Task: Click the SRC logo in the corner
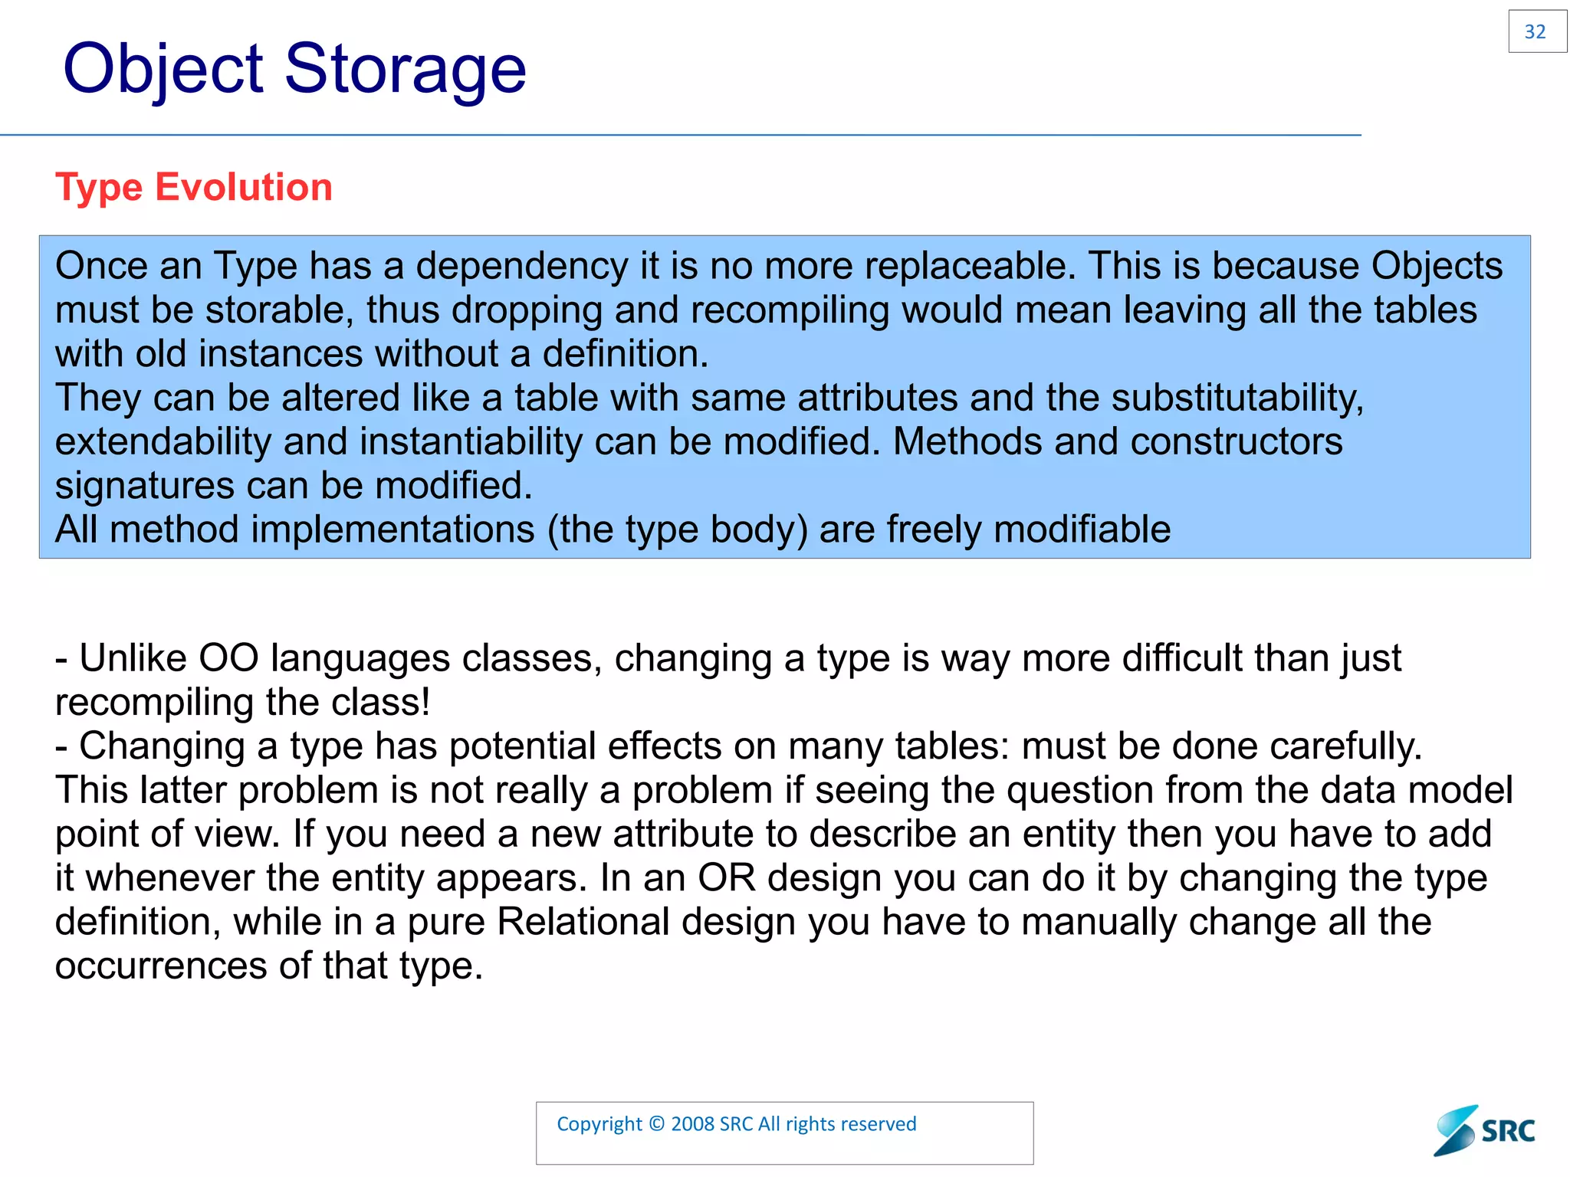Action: coord(1484,1130)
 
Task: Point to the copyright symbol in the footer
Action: coord(656,1124)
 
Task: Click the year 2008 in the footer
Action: coord(693,1124)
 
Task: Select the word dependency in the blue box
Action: coord(521,267)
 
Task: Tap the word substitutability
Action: coord(1237,398)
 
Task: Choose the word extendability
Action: coord(163,442)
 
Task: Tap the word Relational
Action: coord(583,922)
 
